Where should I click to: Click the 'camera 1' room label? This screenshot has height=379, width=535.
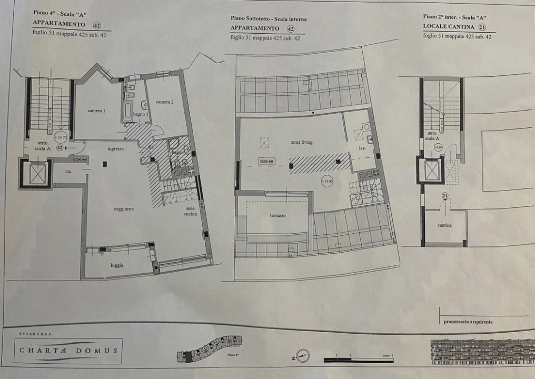[96, 111]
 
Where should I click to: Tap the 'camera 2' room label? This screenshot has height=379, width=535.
[164, 102]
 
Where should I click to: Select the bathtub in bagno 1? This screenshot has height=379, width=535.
[128, 111]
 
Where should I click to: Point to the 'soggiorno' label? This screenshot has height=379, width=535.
[124, 209]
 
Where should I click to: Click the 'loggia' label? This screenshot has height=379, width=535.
[117, 265]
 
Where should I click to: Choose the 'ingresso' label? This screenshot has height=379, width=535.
[115, 149]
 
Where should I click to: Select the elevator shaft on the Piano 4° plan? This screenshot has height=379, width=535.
[37, 174]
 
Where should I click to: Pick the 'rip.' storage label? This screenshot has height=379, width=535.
[68, 172]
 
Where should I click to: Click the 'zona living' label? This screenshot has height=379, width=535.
[301, 142]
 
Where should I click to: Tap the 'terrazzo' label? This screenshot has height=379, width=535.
[278, 215]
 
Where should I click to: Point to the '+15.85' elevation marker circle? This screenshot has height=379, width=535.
[328, 182]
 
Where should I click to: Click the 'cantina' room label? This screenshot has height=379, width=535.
[444, 225]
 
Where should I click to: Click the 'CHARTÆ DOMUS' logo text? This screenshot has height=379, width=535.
[68, 351]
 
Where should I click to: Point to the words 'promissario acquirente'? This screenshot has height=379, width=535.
[468, 322]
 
